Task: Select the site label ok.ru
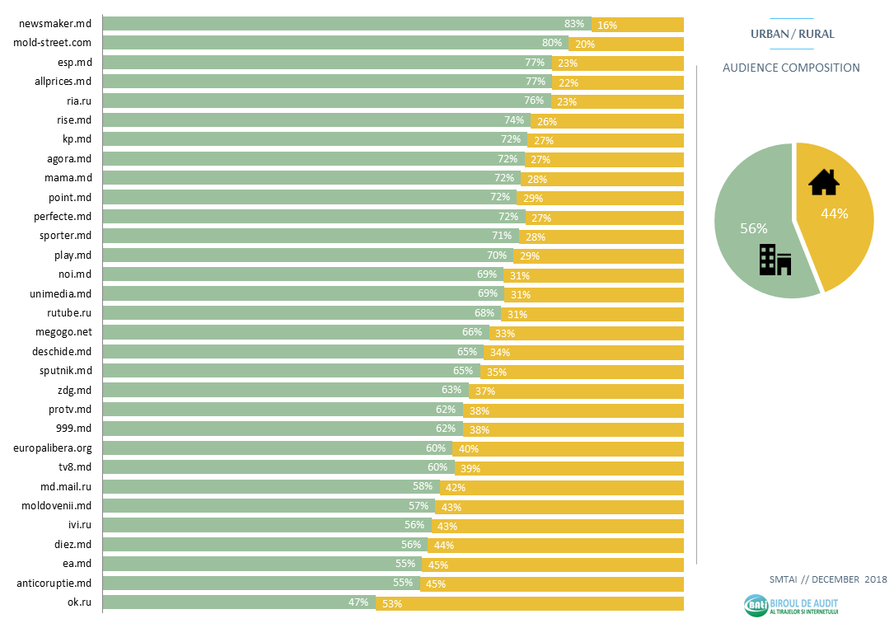pos(79,602)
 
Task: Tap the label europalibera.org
pos(52,448)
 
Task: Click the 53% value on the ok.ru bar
pos(391,603)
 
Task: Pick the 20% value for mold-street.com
pos(585,44)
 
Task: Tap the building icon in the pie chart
pos(775,260)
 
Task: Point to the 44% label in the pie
pos(834,213)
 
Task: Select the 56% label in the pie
pos(753,228)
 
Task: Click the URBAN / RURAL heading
pos(792,34)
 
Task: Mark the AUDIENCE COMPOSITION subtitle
pos(791,68)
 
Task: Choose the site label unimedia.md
pos(61,293)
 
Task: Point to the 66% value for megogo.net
pos(472,332)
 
